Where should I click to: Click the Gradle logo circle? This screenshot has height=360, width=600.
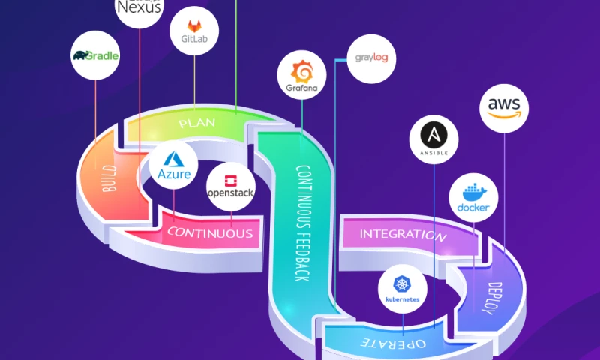(95, 55)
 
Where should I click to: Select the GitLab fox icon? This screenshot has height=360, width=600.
(194, 25)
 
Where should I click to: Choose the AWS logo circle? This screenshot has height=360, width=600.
(504, 108)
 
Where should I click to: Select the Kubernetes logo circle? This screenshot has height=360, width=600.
(403, 289)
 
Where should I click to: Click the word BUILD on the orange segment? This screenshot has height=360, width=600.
(109, 178)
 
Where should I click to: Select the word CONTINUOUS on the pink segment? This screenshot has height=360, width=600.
(210, 233)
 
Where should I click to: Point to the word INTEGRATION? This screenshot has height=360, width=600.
(403, 234)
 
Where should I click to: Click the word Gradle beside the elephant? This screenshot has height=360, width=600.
(103, 55)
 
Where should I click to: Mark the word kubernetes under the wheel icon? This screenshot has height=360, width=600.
(403, 299)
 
